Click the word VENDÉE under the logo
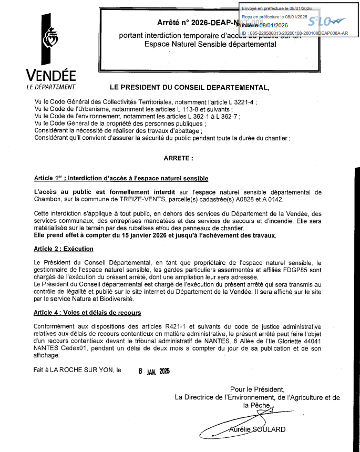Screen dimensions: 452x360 point(50,75)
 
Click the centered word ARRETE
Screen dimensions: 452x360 point(179,157)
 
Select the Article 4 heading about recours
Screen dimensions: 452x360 point(87,312)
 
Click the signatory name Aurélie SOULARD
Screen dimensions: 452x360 point(258,429)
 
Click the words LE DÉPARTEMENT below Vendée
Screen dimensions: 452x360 point(50,87)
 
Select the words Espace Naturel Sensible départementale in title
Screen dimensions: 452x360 point(210,45)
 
